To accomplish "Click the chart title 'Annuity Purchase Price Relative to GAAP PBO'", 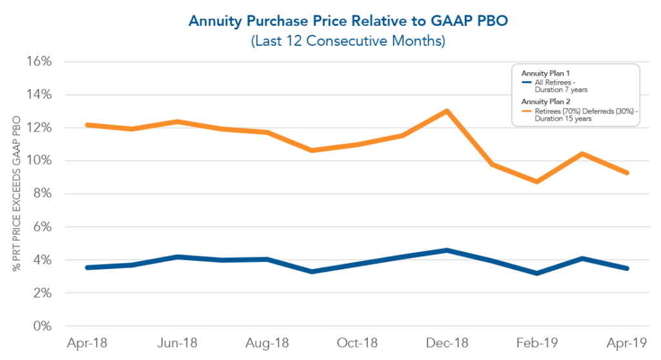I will [330, 21].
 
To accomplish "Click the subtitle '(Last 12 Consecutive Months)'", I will [330, 41].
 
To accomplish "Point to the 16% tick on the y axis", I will [39, 62].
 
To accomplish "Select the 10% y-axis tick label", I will [39, 161].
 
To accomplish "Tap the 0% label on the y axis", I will [42, 326].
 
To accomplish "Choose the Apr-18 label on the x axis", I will [86, 343].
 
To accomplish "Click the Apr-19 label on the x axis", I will [627, 343].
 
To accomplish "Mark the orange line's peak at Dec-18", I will [447, 110].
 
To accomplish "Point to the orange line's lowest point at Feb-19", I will [537, 182].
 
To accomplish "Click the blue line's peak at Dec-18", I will [447, 250].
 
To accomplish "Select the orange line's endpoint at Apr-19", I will [627, 173].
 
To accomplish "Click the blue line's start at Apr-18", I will [86, 267].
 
